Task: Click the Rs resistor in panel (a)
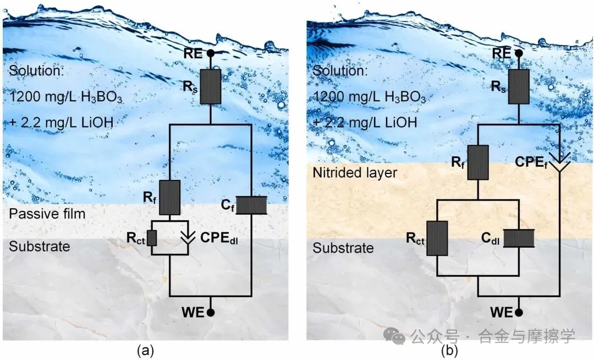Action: [210, 86]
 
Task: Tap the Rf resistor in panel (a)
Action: [170, 195]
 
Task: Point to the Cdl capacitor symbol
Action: [519, 239]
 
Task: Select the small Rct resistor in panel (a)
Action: [152, 238]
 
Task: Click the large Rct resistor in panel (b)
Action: [437, 239]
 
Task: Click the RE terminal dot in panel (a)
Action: [210, 53]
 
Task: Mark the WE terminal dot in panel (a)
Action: [210, 313]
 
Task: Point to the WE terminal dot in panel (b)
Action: [519, 313]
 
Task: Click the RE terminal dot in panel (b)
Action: [519, 53]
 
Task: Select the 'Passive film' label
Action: [47, 213]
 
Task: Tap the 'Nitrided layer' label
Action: [355, 173]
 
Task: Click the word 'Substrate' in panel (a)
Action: [40, 246]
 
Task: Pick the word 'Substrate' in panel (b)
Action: [343, 248]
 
